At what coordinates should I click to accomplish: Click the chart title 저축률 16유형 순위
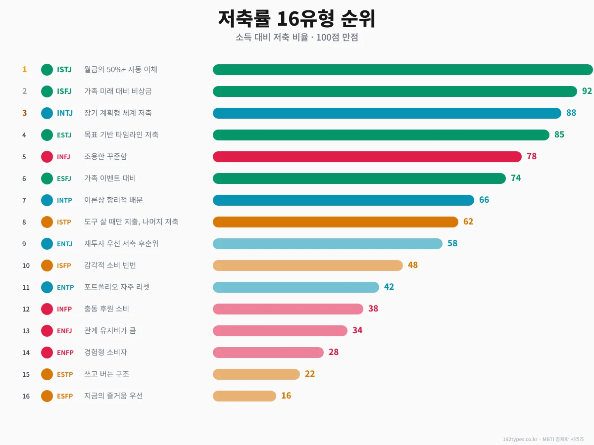click(297, 19)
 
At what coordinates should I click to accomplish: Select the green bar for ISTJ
click(402, 70)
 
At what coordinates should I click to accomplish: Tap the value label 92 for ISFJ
click(587, 91)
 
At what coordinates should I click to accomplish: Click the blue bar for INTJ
click(387, 113)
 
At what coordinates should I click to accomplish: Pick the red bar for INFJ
click(367, 157)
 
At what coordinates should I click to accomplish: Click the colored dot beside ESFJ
click(47, 178)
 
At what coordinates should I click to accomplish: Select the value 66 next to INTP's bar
click(484, 200)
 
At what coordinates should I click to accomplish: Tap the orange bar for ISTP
click(335, 222)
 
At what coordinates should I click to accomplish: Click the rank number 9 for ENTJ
click(24, 244)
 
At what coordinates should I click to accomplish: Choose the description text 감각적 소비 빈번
click(110, 266)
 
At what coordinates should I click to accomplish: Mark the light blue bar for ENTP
click(296, 287)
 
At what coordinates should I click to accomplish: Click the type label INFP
click(64, 309)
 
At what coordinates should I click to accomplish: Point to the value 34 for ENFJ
click(357, 331)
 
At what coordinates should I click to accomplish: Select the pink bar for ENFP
click(268, 353)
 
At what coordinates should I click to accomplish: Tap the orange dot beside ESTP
click(47, 374)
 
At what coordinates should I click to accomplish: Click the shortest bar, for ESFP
click(244, 396)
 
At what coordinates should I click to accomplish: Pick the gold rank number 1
click(24, 70)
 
